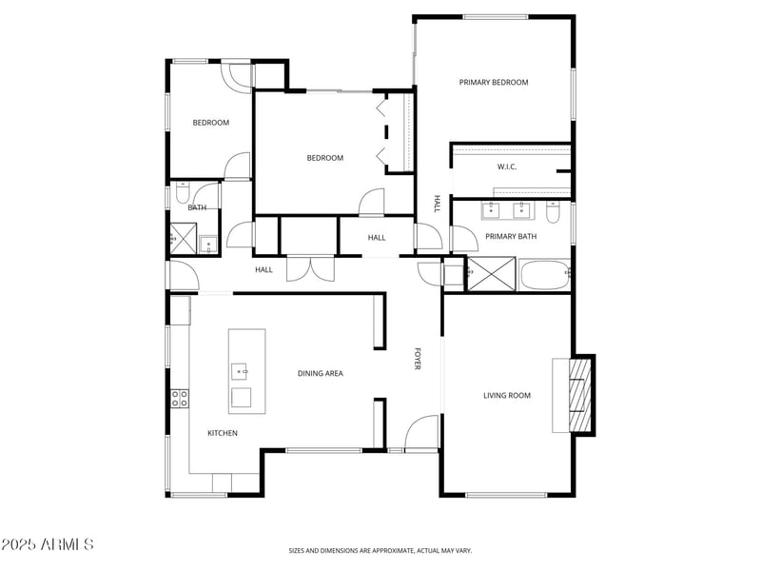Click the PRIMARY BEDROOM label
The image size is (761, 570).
coord(493,83)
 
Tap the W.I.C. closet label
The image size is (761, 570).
coord(507,167)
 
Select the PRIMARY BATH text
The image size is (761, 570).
coord(511,236)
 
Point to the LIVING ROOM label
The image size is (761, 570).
coord(507,395)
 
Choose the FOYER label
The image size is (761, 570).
coord(417,359)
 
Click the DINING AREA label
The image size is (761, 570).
coord(321,374)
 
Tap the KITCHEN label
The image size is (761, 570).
coord(223,433)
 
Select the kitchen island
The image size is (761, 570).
coord(246,371)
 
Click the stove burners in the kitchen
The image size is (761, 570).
coord(178,399)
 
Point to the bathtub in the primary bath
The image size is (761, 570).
coord(544,274)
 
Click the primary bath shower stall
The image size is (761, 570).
coord(492,274)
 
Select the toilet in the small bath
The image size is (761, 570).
coord(181,195)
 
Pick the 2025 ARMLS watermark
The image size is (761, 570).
coord(48,544)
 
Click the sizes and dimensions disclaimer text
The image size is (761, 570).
coord(380,550)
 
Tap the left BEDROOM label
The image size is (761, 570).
coord(211,123)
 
